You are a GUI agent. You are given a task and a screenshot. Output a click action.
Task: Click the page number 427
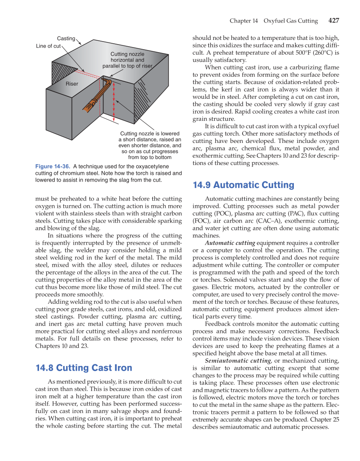click(x=334, y=21)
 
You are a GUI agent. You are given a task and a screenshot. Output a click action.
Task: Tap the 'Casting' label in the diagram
click(x=66, y=39)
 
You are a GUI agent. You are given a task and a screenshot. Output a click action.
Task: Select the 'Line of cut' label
click(x=48, y=46)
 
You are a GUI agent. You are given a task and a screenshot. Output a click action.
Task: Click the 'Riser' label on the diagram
click(x=72, y=84)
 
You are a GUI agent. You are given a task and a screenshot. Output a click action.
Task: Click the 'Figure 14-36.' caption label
click(x=53, y=167)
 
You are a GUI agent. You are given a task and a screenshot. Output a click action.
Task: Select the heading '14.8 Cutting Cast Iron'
click(x=84, y=368)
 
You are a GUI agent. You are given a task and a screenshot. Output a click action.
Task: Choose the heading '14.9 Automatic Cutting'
click(x=243, y=185)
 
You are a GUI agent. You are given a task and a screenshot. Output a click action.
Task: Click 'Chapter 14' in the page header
click(x=244, y=21)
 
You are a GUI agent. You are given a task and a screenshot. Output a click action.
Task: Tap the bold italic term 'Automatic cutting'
click(x=230, y=243)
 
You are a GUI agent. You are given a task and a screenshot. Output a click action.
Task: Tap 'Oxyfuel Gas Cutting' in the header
click(x=290, y=21)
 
